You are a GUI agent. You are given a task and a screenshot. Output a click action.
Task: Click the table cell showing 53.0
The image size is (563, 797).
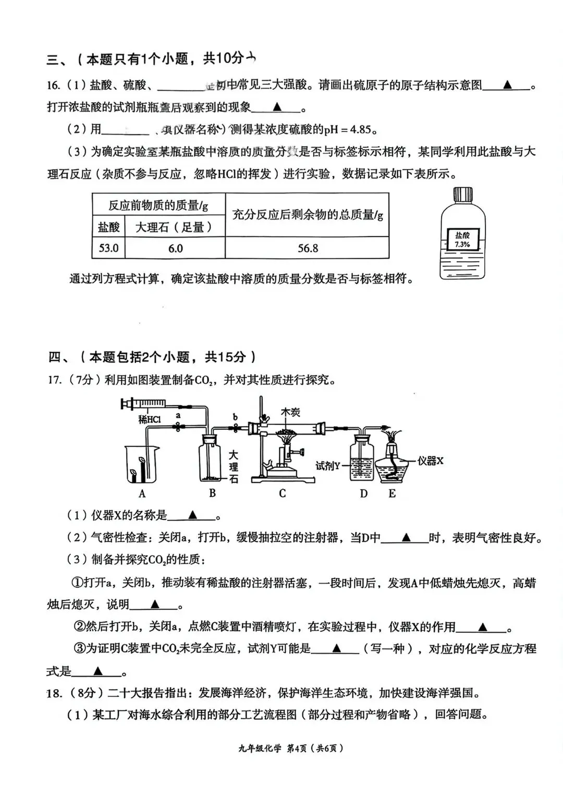pyautogui.click(x=108, y=248)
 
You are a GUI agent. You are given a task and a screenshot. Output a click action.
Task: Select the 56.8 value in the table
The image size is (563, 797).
pyautogui.click(x=308, y=248)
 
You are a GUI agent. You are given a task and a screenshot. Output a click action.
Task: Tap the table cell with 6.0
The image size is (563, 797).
pyautogui.click(x=175, y=248)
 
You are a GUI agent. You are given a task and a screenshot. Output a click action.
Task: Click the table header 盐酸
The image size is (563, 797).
pyautogui.click(x=108, y=227)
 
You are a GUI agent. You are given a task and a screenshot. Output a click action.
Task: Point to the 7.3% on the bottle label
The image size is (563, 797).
pyautogui.click(x=462, y=244)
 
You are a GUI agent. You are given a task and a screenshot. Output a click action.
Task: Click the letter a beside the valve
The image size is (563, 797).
pyautogui.click(x=178, y=416)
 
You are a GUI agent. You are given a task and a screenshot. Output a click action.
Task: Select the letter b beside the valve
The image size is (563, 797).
pyautogui.click(x=235, y=417)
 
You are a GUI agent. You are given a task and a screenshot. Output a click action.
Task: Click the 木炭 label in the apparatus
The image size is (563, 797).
pyautogui.click(x=290, y=412)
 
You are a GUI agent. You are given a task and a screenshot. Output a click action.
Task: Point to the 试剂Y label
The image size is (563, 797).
pyautogui.click(x=328, y=465)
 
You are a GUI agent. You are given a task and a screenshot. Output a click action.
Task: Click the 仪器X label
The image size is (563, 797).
pyautogui.click(x=430, y=461)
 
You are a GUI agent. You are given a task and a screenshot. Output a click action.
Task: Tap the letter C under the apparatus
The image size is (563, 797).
pyautogui.click(x=282, y=493)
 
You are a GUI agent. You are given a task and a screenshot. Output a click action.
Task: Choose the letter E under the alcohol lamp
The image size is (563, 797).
pyautogui.click(x=392, y=493)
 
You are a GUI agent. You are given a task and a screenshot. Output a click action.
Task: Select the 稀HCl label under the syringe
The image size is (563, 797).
pyautogui.click(x=150, y=419)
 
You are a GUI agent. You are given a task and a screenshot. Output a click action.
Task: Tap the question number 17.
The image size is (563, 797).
pyautogui.click(x=54, y=380)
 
